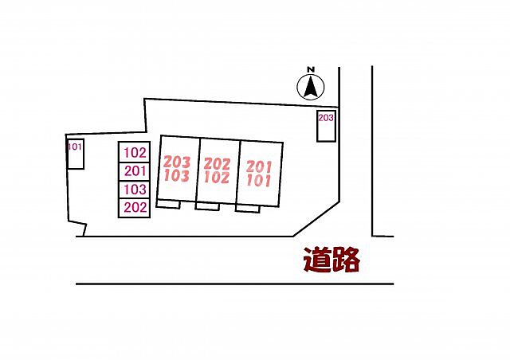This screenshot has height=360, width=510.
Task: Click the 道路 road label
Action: click(x=331, y=260)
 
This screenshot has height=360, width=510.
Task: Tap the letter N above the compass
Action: click(x=312, y=69)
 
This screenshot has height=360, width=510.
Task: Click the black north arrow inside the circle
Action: click(x=311, y=86)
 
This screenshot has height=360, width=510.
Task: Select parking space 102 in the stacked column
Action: click(x=134, y=152)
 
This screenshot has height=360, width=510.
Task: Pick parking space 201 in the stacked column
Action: click(x=134, y=171)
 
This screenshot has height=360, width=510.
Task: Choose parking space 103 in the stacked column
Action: click(x=134, y=190)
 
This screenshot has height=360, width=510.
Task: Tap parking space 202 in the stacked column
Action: click(x=134, y=208)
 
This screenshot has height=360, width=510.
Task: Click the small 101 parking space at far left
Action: click(x=76, y=154)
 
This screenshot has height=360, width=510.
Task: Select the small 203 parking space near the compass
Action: click(x=326, y=126)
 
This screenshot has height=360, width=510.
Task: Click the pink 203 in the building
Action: click(x=177, y=162)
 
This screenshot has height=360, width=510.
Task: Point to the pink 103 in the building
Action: click(x=177, y=175)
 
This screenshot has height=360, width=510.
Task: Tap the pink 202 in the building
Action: click(x=217, y=164)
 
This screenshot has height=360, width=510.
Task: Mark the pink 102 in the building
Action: click(x=217, y=178)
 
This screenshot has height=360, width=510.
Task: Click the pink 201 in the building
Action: click(x=259, y=166)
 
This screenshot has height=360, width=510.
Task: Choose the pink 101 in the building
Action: click(x=258, y=181)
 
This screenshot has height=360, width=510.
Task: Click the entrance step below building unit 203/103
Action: click(x=168, y=204)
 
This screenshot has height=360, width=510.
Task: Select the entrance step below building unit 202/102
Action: click(x=207, y=206)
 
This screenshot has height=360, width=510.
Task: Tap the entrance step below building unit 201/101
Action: click(x=248, y=209)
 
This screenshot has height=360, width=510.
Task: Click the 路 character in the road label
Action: click(x=346, y=260)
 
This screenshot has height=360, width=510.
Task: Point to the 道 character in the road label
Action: click(x=317, y=260)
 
